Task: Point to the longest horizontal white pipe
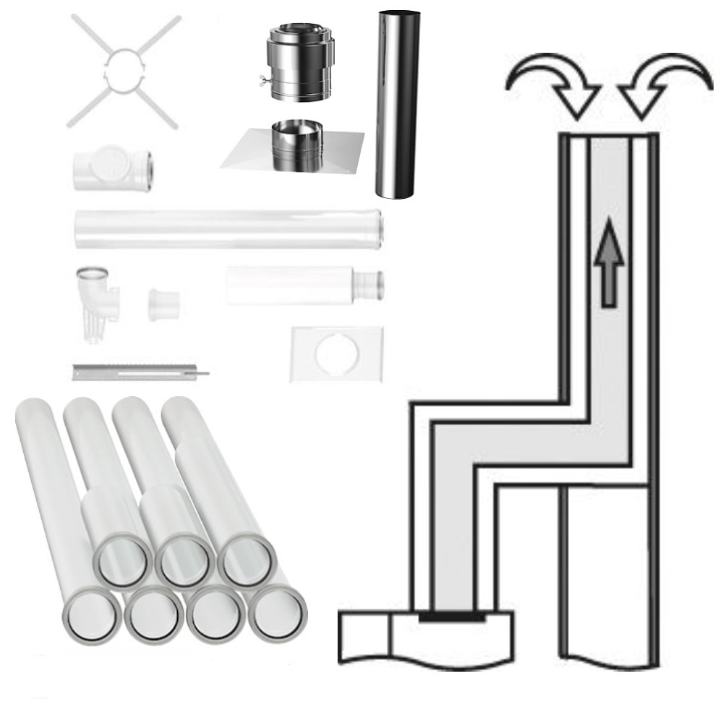tap(228, 229)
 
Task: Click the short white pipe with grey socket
tap(304, 285)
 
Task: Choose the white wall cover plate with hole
tap(335, 354)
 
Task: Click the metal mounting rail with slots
tap(137, 372)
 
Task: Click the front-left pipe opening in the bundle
tap(91, 615)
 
